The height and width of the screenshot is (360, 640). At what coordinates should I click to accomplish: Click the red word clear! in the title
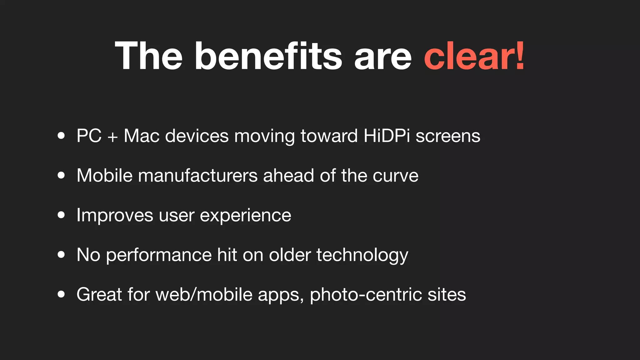[x=474, y=56]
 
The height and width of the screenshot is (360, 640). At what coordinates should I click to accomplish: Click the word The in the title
[x=149, y=56]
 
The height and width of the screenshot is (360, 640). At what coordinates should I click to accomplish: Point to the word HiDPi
[x=387, y=136]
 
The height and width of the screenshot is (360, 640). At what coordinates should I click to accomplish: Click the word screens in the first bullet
[x=448, y=137]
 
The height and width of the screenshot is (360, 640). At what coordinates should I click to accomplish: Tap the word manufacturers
[x=198, y=176]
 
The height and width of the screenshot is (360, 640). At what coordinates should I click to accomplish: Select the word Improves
[x=115, y=216]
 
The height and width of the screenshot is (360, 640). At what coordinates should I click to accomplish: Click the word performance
[x=159, y=255]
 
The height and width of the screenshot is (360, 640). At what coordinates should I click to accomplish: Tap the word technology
[x=362, y=255]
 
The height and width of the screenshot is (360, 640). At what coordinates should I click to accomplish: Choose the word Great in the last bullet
[x=99, y=294]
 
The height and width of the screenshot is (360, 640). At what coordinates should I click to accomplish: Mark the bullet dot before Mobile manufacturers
[x=61, y=175]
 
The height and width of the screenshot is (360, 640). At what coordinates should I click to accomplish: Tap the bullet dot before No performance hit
[x=61, y=255]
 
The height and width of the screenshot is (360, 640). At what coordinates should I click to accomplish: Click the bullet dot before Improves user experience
[x=61, y=215]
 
